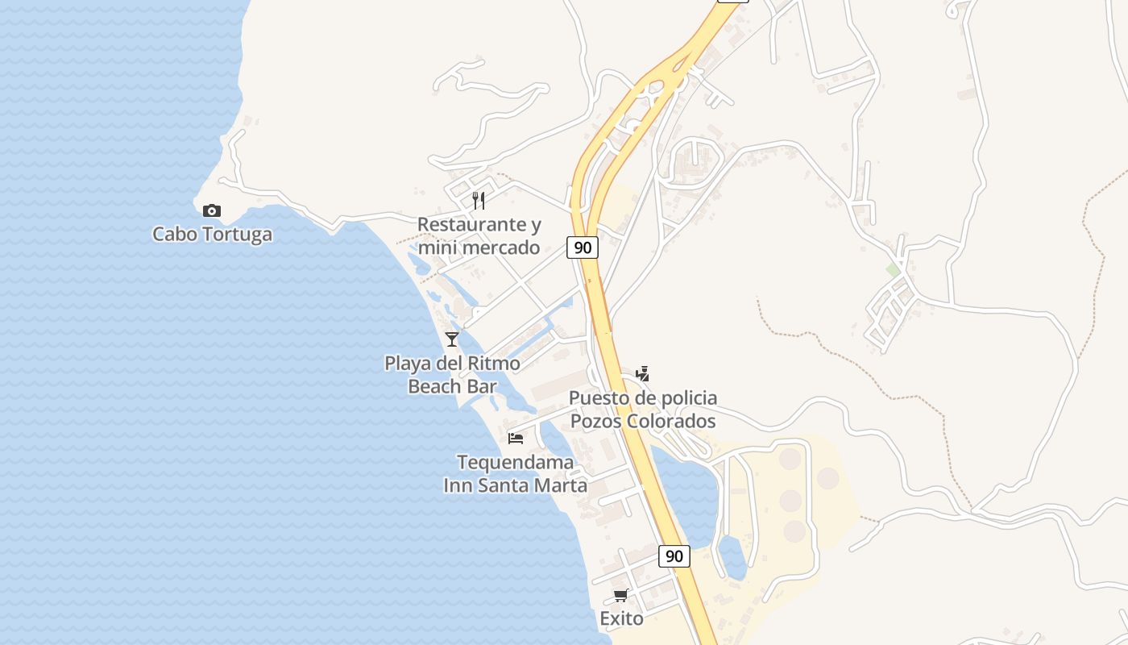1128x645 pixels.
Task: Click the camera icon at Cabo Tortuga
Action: coord(212,211)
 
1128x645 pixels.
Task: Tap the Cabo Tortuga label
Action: coord(212,235)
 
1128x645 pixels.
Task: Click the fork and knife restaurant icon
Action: coord(479,201)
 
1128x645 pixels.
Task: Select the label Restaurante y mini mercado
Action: coord(479,235)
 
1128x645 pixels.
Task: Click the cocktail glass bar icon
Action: coord(452,339)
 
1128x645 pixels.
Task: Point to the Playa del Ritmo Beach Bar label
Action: coord(452,375)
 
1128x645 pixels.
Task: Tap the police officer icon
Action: coord(642,373)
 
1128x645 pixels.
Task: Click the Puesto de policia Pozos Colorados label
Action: coord(642,410)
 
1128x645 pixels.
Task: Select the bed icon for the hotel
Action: coord(516,439)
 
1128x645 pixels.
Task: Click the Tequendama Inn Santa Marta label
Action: coord(516,474)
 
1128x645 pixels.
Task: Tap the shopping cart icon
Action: coord(620,596)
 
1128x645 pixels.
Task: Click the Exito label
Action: coord(621,618)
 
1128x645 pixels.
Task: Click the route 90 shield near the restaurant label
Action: coord(582,248)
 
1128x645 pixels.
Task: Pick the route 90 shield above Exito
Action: coord(674,556)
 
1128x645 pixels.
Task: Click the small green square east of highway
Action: coord(893,270)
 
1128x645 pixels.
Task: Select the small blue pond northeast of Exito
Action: coord(732,556)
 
